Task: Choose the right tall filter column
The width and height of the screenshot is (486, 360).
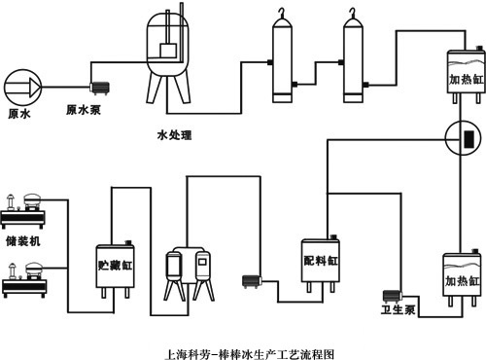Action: point(351,67)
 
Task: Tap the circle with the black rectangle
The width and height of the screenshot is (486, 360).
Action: point(464,138)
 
